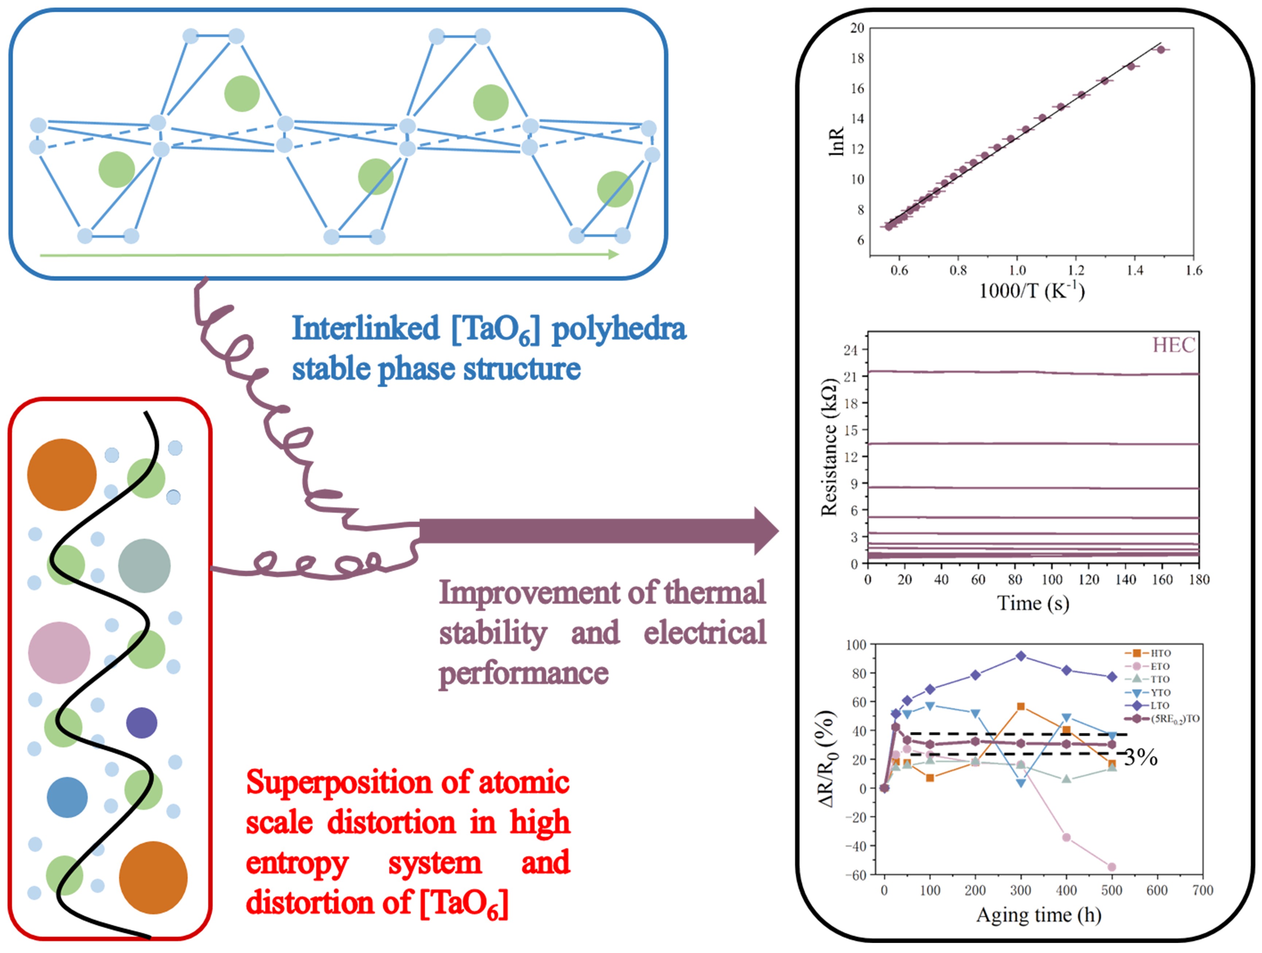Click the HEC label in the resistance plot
(1173, 345)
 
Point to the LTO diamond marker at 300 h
(1021, 656)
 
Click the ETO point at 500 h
(1111, 867)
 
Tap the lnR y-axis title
(836, 142)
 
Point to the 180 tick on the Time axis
(1199, 580)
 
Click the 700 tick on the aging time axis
(1203, 890)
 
